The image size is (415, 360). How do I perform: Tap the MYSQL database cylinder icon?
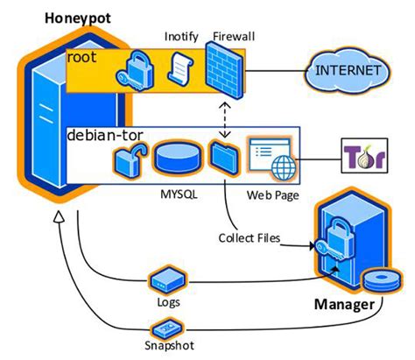pos(178,159)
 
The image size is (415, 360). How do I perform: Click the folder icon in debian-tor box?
pos(222,159)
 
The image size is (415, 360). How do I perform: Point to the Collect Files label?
pos(248,236)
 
